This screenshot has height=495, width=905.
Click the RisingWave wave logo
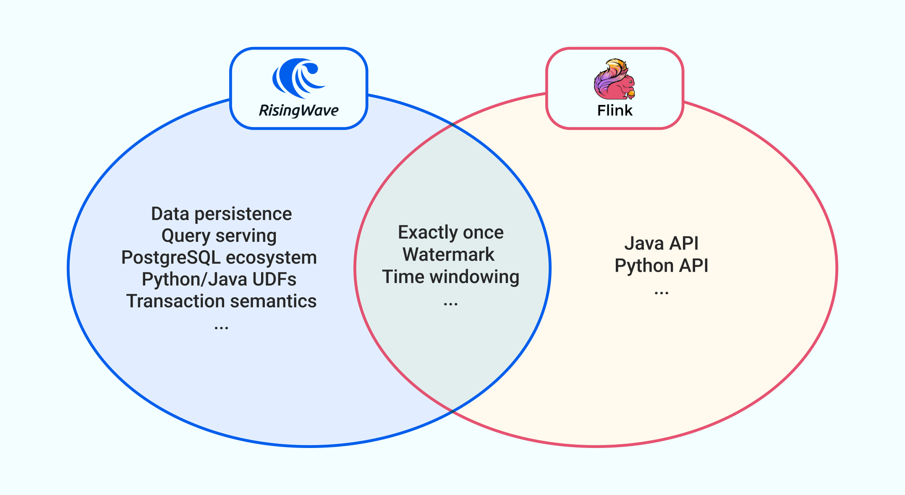pos(298,78)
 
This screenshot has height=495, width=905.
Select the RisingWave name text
pos(298,110)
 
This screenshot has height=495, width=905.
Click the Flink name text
pos(615,110)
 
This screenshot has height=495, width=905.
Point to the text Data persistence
pos(221,214)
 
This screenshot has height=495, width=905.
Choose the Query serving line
pos(219,236)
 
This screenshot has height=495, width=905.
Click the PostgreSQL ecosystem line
pos(219,258)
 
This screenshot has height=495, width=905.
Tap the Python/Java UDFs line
pos(219,280)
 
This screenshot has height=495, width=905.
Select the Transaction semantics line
pos(221,301)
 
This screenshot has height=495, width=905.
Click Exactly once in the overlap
pos(450,233)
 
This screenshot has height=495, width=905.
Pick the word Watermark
pos(448,254)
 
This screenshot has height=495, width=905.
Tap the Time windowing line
pos(450,277)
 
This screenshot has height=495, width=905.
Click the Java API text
pos(661,244)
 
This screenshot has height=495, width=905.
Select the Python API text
pos(661,266)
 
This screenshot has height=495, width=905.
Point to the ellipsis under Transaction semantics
pos(221,327)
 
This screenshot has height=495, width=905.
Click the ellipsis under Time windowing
pos(450,303)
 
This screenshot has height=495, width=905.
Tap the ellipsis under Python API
pos(661,292)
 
